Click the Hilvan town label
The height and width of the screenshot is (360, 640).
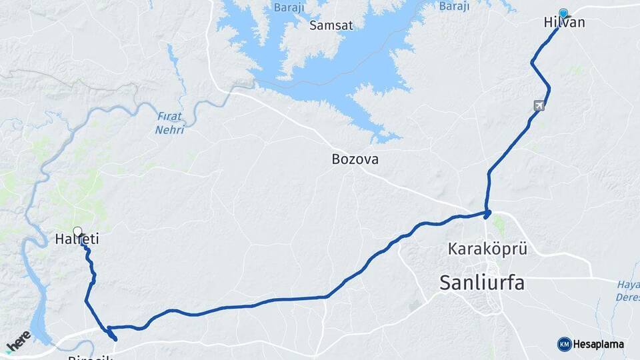click(564, 23)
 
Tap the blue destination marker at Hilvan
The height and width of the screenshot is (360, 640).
click(564, 13)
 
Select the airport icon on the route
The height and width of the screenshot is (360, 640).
click(539, 105)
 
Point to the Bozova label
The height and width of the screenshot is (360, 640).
click(355, 160)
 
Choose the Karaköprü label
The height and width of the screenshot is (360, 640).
click(487, 250)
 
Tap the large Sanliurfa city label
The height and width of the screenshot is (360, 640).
click(481, 283)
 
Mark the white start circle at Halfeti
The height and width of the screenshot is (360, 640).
click(77, 231)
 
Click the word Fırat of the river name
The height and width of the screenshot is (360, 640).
click(169, 116)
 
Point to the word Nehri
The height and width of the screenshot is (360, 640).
click(169, 129)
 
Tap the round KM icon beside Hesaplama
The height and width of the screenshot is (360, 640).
click(564, 344)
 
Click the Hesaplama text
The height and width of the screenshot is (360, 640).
click(599, 344)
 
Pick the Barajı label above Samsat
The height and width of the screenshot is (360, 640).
click(287, 7)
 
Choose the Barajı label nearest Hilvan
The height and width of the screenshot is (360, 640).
click(454, 6)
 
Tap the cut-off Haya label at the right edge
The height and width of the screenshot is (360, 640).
click(629, 284)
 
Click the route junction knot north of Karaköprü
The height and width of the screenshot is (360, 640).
click(487, 214)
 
